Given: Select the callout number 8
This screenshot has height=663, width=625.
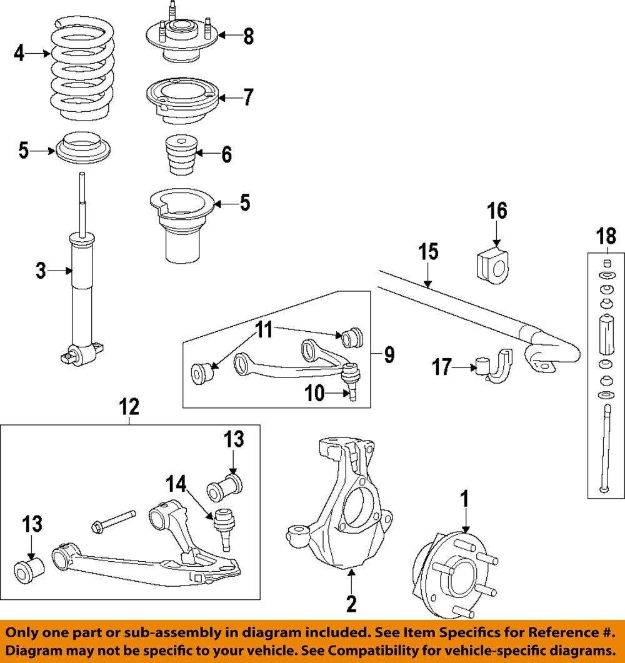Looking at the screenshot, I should (x=249, y=36).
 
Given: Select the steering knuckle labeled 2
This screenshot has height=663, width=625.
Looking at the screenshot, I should (x=341, y=506).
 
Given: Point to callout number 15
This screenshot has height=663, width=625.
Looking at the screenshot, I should (x=428, y=252).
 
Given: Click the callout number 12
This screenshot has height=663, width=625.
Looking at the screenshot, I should (x=130, y=407).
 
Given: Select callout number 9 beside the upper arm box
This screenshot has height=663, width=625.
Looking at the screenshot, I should (x=389, y=355).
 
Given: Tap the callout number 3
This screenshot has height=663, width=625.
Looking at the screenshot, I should (x=41, y=271).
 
